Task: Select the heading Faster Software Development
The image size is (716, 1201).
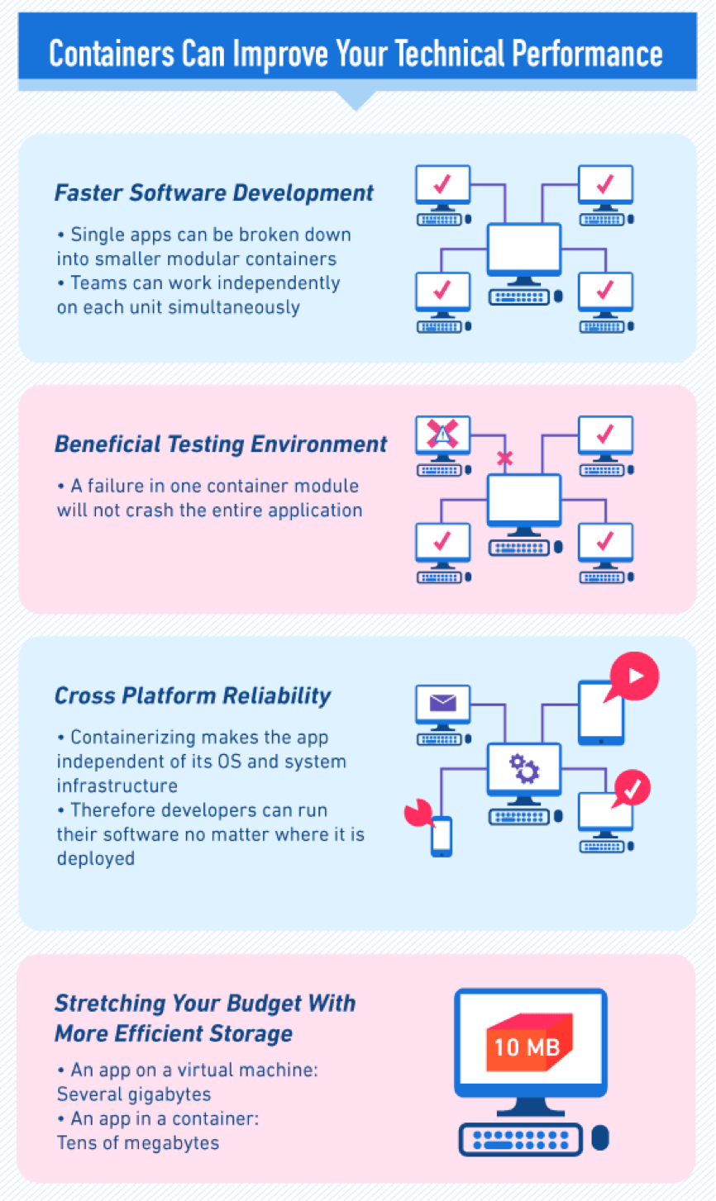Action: pos(213,193)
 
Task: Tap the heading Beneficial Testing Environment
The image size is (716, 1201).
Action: pos(221,444)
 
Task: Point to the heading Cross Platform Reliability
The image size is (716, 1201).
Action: pos(193,696)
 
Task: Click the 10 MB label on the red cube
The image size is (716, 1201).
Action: pos(527,1047)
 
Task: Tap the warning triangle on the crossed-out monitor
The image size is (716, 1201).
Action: pos(442,433)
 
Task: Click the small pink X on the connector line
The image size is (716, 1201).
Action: pos(504,458)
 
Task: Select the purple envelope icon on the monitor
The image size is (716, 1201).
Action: pos(443,702)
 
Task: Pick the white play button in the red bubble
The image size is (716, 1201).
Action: pos(636,676)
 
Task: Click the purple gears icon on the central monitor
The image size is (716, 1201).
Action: pos(524,768)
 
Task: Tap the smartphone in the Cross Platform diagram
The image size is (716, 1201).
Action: pos(442,836)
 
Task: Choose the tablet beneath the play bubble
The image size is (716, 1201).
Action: pos(601,713)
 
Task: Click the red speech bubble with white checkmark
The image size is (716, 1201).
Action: pos(632,788)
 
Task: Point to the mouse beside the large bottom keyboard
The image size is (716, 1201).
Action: pos(600,1137)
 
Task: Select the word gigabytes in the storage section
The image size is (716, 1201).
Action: pos(172,1094)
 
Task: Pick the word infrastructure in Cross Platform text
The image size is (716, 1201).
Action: pos(117,786)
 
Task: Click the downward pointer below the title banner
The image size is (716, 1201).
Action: pos(356,100)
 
